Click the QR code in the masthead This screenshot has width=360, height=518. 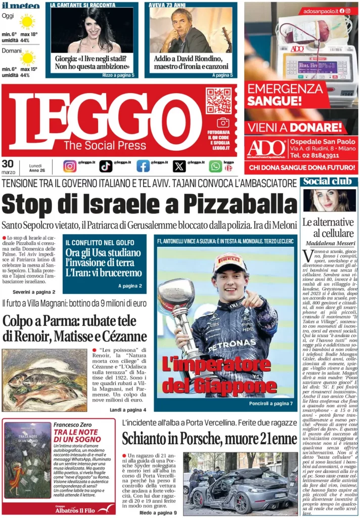218,100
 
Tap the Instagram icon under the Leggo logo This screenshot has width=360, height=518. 70,166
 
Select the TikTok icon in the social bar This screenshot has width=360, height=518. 106,166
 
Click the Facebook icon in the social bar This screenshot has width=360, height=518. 143,166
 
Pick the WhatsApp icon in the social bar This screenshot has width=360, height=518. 215,166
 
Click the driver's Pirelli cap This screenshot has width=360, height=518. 230,262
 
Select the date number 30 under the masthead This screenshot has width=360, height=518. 8,163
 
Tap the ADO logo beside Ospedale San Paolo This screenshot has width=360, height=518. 266,148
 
